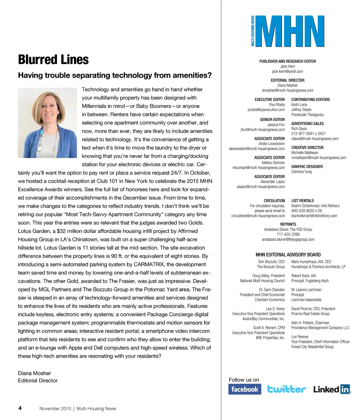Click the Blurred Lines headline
click(x=53, y=60)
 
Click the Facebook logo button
click(x=245, y=389)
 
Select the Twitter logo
click(x=287, y=389)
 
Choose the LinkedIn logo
click(x=332, y=389)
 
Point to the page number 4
click(x=20, y=408)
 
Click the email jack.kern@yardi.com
click(x=288, y=71)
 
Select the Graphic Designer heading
click(x=307, y=167)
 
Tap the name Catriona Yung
click(x=301, y=172)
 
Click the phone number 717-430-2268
click(x=288, y=234)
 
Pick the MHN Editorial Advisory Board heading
click(x=288, y=255)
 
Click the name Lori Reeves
click(x=300, y=337)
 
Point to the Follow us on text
click(x=244, y=380)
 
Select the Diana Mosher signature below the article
click(x=34, y=373)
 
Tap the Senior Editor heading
click(x=272, y=119)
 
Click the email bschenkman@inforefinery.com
click(x=314, y=216)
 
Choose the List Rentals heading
click(x=303, y=201)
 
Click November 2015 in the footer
click(x=55, y=408)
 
